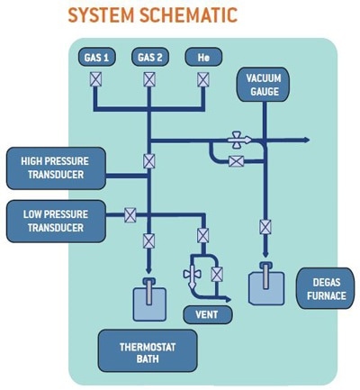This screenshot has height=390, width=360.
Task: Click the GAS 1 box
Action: coord(97,57)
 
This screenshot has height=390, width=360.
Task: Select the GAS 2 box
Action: coord(150,57)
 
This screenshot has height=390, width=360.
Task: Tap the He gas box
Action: coord(203,57)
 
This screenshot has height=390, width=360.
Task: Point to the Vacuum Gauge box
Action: coord(264,85)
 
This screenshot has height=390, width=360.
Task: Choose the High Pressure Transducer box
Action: coord(56,168)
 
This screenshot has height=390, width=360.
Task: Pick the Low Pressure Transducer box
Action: coord(56,222)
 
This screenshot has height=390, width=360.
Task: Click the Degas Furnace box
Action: coord(326,289)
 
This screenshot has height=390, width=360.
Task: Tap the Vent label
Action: coord(207,314)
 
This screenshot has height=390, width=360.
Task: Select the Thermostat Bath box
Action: coord(148,351)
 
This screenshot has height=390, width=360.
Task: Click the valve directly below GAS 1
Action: coord(95,80)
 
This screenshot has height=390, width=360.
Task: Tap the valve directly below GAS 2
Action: coord(149,79)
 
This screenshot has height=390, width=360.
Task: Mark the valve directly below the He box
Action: coord(203,80)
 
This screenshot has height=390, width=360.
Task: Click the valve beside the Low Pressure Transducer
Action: coord(130,215)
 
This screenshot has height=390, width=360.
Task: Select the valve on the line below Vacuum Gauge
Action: coord(265,227)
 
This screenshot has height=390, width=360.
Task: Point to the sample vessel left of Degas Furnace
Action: coord(266,284)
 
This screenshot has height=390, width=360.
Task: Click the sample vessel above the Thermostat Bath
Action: coord(149,300)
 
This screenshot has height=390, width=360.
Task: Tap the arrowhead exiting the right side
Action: coord(307,140)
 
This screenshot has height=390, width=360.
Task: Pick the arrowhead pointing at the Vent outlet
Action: coord(229,299)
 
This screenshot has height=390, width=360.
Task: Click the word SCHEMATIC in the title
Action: coord(189,15)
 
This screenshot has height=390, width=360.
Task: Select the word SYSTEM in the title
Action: coord(101,15)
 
